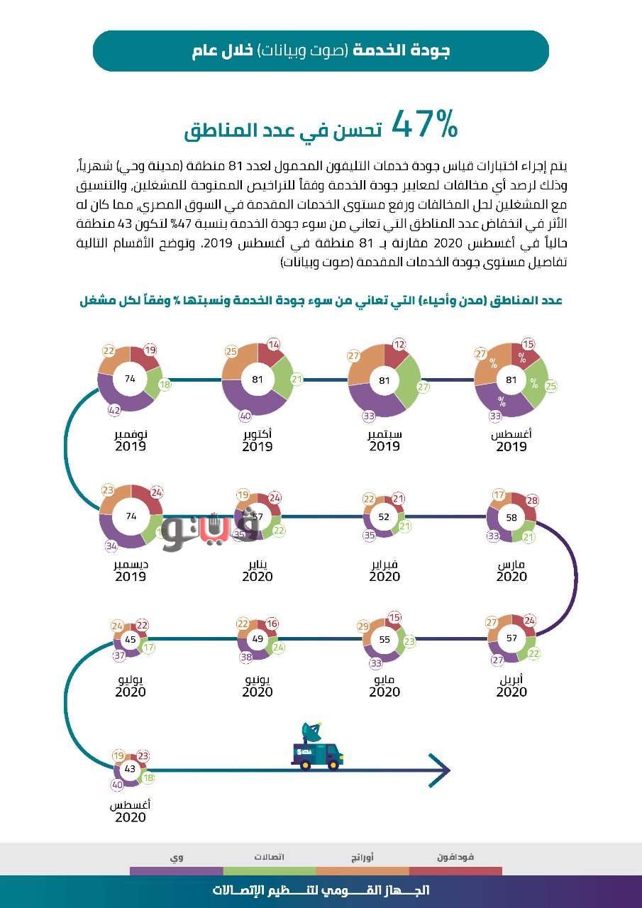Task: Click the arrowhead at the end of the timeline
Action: tap(440, 769)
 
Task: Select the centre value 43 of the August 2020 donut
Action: tap(130, 769)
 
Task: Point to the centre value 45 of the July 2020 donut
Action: tap(131, 639)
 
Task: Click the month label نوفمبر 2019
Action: tap(131, 440)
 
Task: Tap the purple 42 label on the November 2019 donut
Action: tap(114, 411)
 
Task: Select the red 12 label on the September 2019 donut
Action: tap(400, 345)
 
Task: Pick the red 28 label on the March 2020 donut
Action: tap(532, 501)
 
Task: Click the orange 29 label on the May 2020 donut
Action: tap(363, 626)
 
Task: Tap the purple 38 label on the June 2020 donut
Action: tap(246, 657)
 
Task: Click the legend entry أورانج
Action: tap(362, 857)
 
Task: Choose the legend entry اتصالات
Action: tap(270, 857)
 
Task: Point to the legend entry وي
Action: tap(176, 857)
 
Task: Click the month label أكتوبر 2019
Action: tap(257, 440)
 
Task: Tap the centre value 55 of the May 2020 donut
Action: tap(384, 639)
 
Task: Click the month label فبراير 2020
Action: tap(384, 570)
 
